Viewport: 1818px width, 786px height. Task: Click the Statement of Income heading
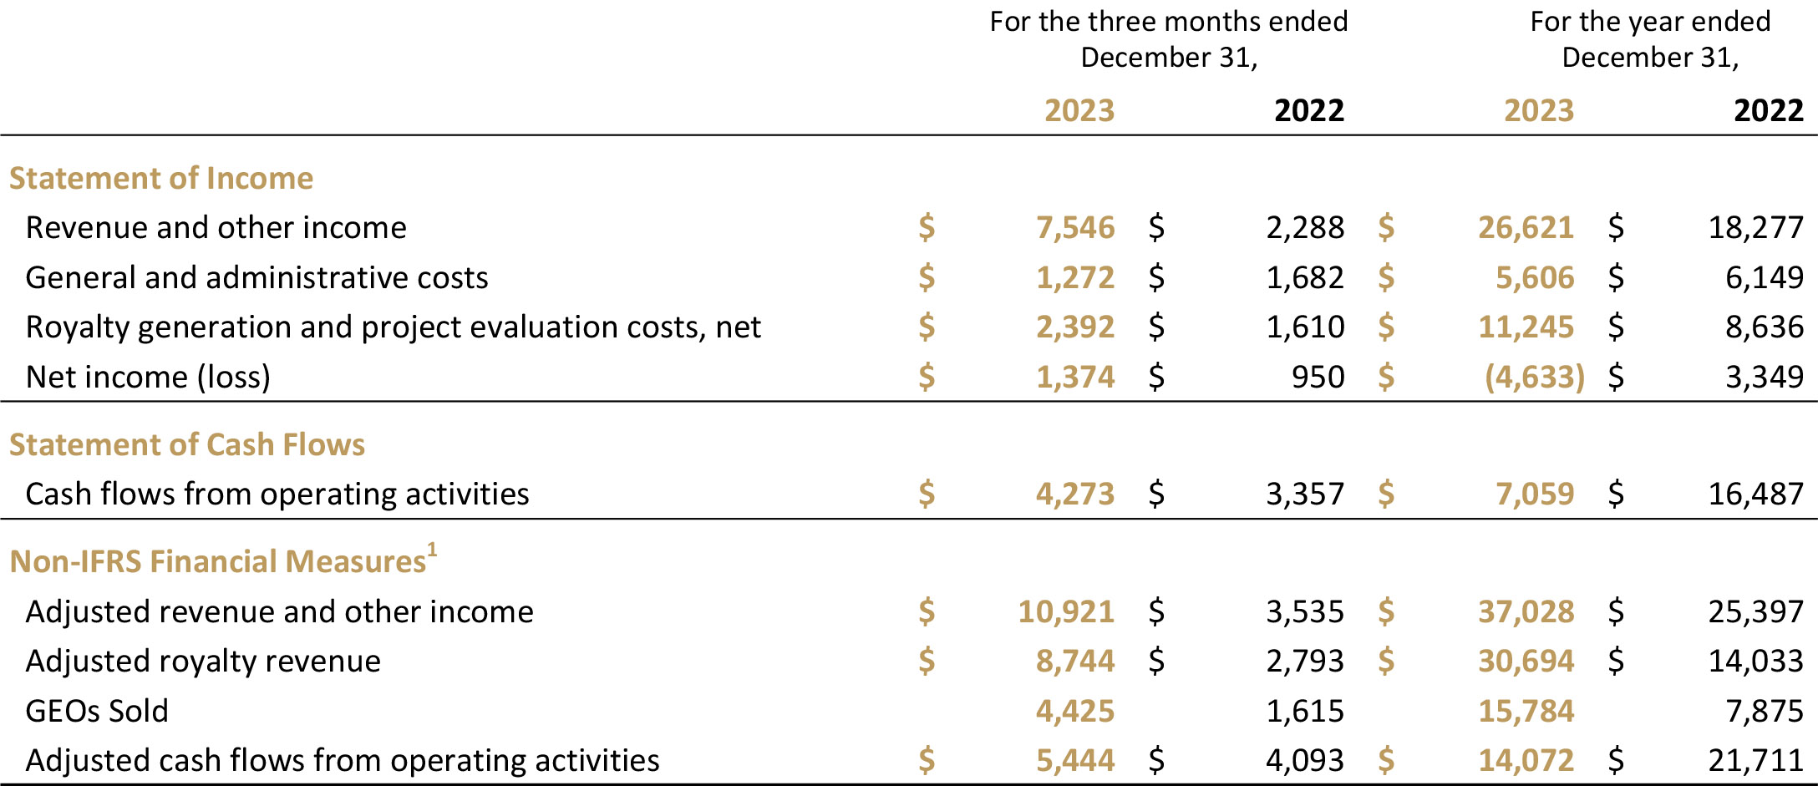coord(161,179)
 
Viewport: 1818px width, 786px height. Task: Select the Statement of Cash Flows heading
coord(187,445)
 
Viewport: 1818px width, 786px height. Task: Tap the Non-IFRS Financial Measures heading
coord(218,562)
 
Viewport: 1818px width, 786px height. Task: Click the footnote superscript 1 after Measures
coord(432,550)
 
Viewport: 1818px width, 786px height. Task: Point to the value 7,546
coord(1075,228)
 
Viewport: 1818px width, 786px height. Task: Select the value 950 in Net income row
coord(1318,378)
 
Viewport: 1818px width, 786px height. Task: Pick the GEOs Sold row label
coord(97,712)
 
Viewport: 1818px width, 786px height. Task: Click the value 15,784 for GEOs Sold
coord(1526,712)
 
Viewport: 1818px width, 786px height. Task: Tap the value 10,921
coord(1066,612)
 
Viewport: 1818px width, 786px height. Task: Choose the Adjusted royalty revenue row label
coord(203,662)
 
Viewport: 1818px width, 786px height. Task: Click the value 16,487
coord(1755,494)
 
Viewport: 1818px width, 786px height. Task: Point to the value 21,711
coord(1755,761)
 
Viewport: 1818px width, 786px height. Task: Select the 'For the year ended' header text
coord(1650,22)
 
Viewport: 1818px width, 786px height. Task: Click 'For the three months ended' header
coord(1168,22)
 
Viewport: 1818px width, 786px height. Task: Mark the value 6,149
coord(1765,278)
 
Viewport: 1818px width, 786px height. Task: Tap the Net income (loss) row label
coord(148,378)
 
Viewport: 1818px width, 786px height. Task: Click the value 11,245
coord(1526,327)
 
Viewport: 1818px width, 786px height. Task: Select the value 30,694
coord(1526,662)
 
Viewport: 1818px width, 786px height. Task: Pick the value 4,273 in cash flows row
coord(1075,494)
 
